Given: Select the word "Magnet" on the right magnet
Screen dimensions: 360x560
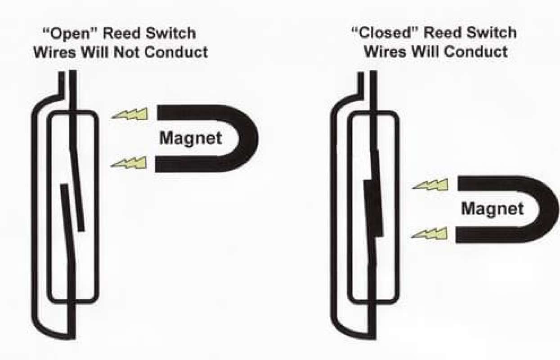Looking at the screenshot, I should [493, 208].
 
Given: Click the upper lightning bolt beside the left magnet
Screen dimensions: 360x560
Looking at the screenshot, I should [130, 114].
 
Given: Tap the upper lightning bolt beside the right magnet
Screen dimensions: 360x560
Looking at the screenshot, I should [430, 184].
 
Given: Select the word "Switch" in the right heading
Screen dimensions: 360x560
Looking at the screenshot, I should [492, 32].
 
